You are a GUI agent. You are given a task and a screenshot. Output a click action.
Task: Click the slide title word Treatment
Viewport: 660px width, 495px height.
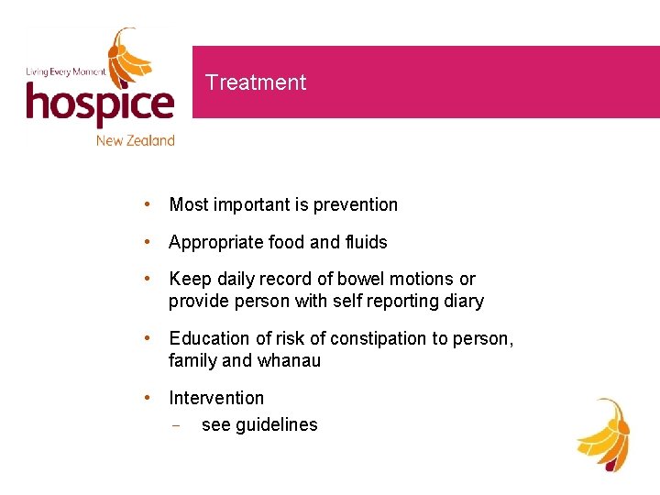(256, 82)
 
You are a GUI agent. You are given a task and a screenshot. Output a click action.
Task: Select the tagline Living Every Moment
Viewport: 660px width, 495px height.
(66, 71)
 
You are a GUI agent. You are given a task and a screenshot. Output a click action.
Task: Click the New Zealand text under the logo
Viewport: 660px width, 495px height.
(135, 140)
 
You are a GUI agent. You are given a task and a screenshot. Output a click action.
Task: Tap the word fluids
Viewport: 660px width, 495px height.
(366, 242)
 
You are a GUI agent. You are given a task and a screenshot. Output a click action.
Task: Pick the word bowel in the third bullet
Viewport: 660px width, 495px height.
(361, 279)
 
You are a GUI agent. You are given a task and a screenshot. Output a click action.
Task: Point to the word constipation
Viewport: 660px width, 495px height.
(378, 338)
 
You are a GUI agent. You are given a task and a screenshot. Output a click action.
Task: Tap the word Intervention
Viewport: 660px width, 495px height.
(216, 398)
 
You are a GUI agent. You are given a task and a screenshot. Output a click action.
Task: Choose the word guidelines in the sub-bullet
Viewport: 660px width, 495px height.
(276, 424)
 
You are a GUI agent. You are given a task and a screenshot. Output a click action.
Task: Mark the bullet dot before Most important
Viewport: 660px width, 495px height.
(147, 204)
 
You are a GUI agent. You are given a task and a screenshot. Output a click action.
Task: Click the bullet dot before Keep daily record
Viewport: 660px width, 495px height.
(147, 279)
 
